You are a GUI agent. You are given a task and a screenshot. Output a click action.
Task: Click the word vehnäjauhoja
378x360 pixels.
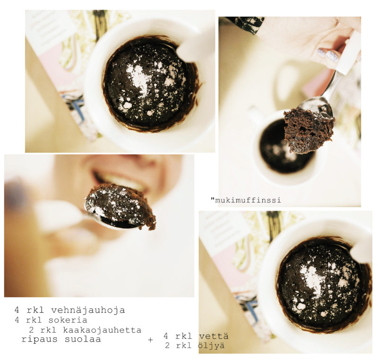pos(88,310)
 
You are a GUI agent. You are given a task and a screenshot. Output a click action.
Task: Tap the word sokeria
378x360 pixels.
pos(68,320)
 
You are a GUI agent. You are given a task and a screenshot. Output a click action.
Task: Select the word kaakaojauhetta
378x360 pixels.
pos(102,330)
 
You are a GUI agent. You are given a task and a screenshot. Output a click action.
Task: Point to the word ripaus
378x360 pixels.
pos(40,340)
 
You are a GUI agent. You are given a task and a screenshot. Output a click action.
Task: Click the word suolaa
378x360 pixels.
pos(83,339)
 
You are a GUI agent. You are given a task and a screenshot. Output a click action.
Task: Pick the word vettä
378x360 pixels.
pos(214,336)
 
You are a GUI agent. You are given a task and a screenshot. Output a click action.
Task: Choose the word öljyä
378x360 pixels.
pos(211,346)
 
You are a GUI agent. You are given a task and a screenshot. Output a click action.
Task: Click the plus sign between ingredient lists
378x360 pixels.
pos(150,340)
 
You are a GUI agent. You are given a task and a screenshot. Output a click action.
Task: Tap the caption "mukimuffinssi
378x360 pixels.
pos(246,200)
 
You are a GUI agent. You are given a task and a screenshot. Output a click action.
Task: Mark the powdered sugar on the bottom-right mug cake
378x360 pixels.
pos(312,278)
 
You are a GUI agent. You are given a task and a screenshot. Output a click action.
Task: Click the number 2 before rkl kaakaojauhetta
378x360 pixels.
pos(31,330)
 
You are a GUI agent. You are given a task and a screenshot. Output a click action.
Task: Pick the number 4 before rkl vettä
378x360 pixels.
pos(166,336)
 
